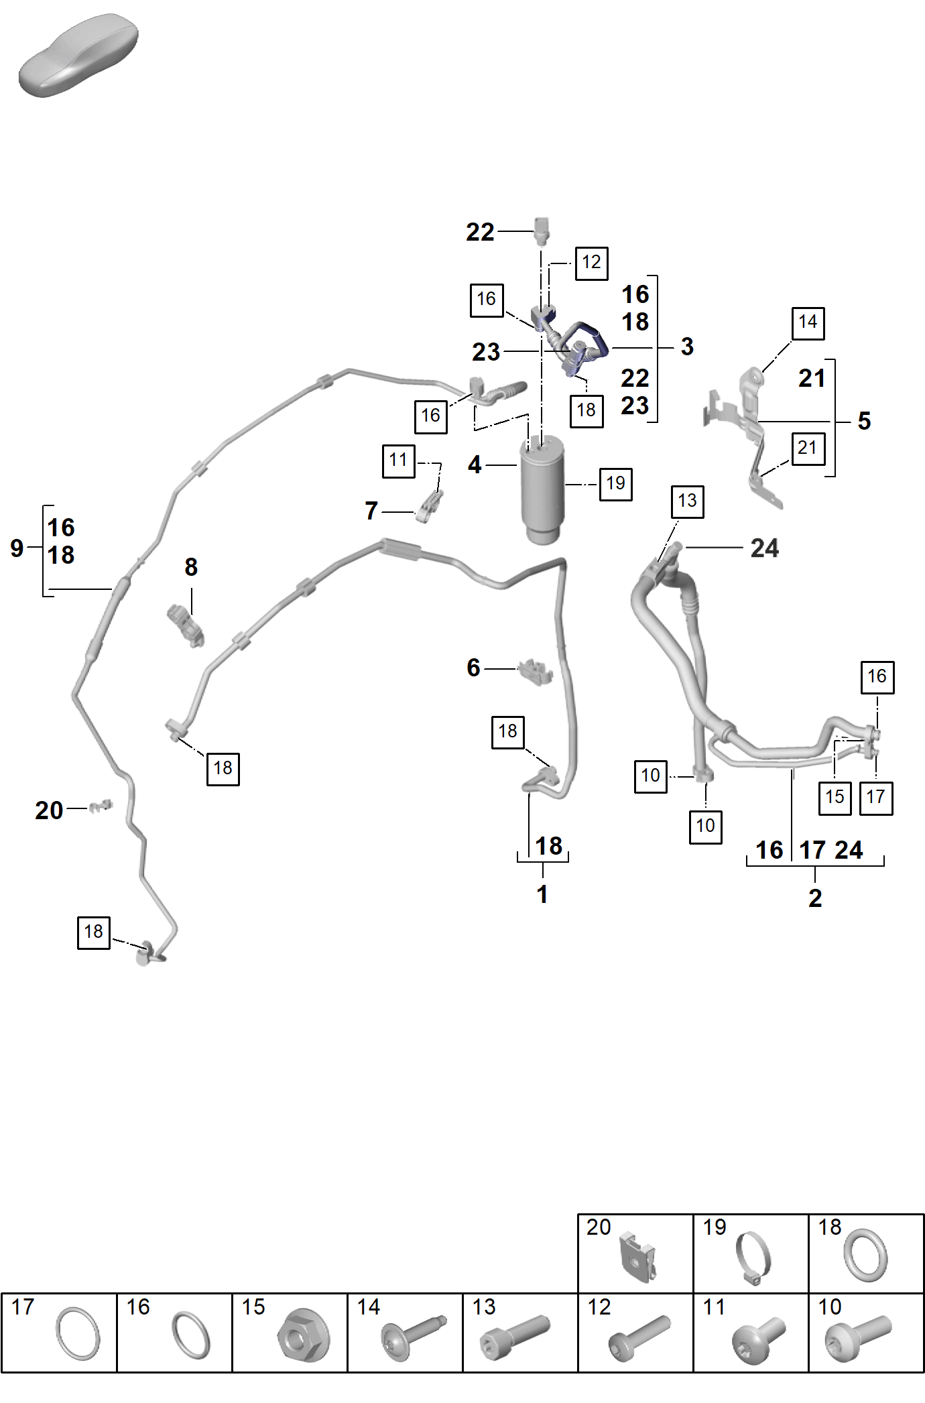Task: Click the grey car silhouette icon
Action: click(78, 56)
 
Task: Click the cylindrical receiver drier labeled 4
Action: click(542, 489)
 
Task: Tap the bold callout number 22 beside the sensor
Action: click(480, 232)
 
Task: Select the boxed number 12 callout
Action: click(592, 263)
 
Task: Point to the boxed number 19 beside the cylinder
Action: click(615, 483)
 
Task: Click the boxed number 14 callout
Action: click(808, 323)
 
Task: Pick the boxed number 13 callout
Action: click(688, 501)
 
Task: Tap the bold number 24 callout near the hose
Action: click(765, 548)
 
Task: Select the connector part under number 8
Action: click(185, 624)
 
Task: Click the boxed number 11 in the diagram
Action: click(399, 461)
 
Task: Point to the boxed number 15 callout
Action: click(835, 798)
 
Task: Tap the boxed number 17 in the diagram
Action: click(876, 798)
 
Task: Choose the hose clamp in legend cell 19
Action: click(753, 1259)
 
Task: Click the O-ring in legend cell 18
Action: click(865, 1256)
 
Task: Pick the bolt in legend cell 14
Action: click(413, 1337)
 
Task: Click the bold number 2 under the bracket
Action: click(815, 898)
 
